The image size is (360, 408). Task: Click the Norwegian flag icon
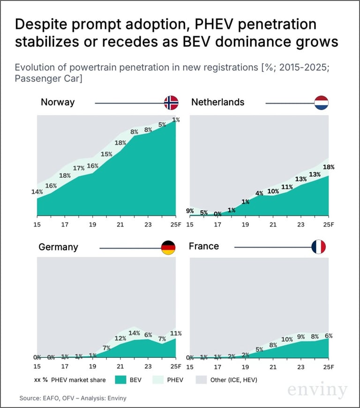point(171,103)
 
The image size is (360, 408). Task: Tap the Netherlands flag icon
point(321,103)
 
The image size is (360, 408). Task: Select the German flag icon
point(168,247)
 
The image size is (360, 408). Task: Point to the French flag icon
point(319,247)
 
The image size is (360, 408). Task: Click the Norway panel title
point(58,102)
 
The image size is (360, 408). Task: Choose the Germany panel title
point(59,247)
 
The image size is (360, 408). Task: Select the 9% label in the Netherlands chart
point(190,211)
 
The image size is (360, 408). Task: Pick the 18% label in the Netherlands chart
point(329,167)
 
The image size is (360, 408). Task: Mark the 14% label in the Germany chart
point(135,333)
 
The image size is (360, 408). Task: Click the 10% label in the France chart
point(287,340)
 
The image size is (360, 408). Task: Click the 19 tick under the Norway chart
point(92,224)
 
